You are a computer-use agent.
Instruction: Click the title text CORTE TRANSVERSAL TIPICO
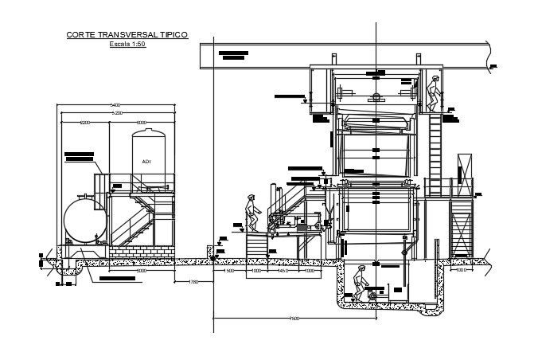click(x=127, y=35)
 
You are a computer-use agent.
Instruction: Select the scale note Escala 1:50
click(x=127, y=45)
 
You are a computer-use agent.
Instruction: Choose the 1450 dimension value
click(x=282, y=270)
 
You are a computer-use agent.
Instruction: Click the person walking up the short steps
click(x=251, y=212)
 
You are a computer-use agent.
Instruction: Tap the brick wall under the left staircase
click(x=139, y=250)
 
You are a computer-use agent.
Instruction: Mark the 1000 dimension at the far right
click(x=461, y=270)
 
